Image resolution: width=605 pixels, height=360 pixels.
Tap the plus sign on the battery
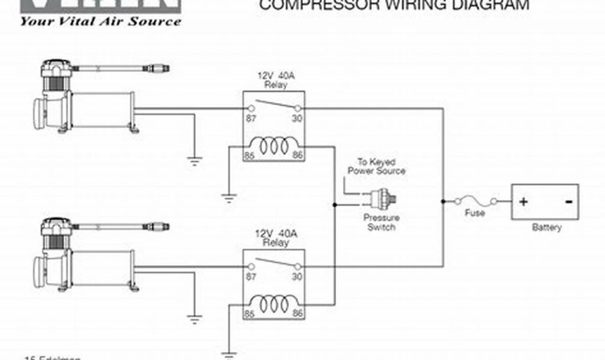523,201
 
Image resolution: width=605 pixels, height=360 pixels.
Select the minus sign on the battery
568,201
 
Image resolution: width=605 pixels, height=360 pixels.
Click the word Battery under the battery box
547,227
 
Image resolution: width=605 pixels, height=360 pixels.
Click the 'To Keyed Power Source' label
376,166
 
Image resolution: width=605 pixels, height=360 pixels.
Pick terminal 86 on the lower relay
297,313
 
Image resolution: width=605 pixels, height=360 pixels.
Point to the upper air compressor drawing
83,98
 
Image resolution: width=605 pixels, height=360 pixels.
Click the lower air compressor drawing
83,256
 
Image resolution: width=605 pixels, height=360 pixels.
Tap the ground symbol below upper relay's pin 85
228,197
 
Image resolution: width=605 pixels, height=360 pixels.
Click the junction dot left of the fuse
443,201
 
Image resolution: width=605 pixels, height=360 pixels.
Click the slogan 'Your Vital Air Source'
100,21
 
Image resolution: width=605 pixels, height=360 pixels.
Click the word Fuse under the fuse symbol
475,213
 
